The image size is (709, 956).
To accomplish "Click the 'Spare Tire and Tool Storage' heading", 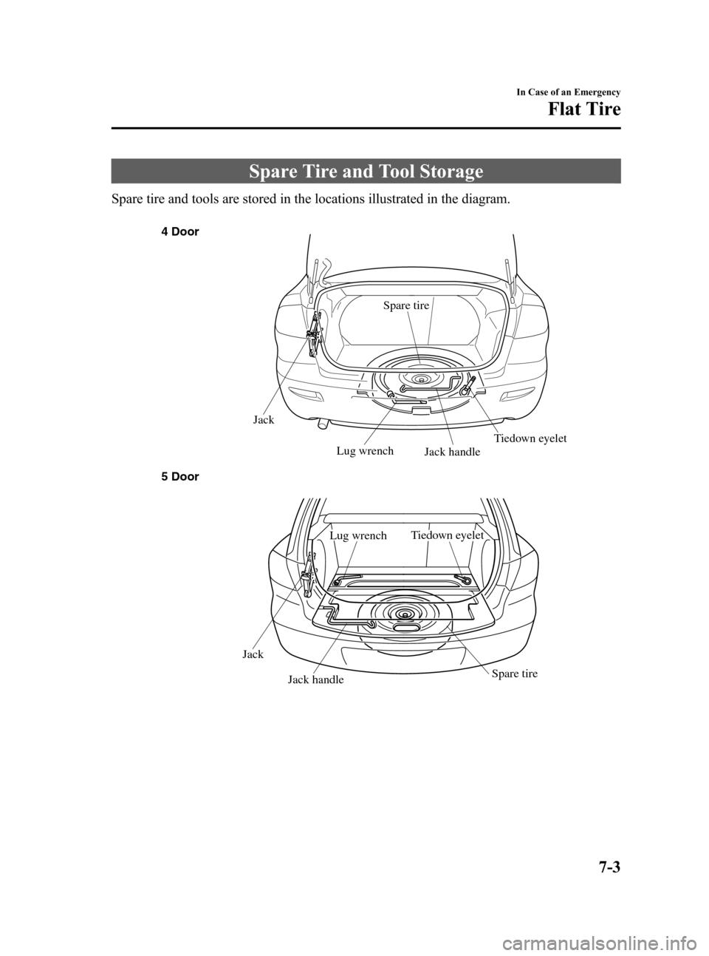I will pos(366,172).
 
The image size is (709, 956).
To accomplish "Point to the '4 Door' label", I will pos(179,231).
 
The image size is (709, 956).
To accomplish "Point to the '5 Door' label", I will pos(179,476).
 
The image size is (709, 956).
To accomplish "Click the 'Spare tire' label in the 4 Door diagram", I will pos(405,306).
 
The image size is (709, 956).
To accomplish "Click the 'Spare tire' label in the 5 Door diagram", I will pos(514,674).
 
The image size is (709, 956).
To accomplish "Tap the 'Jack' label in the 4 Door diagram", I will pos(263,419).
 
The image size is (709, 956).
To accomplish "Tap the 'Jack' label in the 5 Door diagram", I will pos(253,654).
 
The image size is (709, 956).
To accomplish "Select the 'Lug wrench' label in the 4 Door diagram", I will pos(365,450).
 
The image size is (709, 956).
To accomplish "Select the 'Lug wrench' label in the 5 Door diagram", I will pos(358,535).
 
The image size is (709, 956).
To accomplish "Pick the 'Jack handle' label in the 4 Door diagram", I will pos(452,451).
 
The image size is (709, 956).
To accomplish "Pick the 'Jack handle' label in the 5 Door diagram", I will pos(315,679).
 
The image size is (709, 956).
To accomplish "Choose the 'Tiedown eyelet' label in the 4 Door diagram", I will pos(530,438).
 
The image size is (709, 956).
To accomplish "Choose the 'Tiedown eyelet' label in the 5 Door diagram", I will pos(447,534).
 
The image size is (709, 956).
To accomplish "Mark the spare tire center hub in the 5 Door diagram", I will pos(404,614).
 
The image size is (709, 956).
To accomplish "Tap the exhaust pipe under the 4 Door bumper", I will pos(323,424).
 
